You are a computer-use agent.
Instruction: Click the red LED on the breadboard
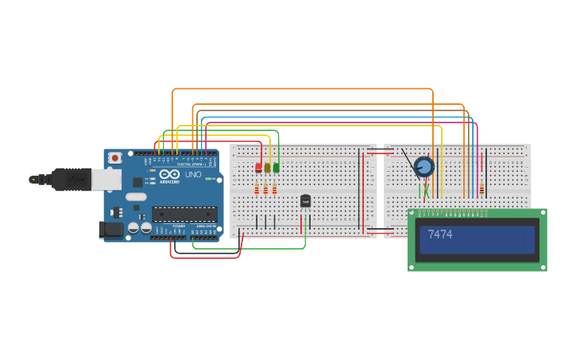(258, 168)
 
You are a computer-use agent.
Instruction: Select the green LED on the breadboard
(276, 168)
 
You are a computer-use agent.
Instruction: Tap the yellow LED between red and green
(267, 168)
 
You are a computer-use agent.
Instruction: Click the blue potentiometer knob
(424, 167)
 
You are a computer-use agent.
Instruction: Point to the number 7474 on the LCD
(439, 234)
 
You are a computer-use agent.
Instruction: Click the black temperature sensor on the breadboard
(305, 201)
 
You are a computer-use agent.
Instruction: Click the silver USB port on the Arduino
(106, 180)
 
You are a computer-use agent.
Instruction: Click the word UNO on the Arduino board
(193, 174)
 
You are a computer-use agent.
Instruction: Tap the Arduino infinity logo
(169, 174)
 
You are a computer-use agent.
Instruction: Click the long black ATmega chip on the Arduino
(184, 214)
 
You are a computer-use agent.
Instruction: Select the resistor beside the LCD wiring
(481, 189)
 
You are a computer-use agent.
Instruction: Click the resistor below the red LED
(257, 189)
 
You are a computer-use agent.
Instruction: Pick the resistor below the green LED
(274, 189)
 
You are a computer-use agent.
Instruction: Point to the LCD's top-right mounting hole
(543, 213)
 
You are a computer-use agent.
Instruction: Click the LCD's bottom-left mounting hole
(412, 267)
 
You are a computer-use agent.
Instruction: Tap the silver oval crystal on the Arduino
(136, 197)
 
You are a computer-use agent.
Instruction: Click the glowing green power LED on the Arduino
(208, 179)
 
